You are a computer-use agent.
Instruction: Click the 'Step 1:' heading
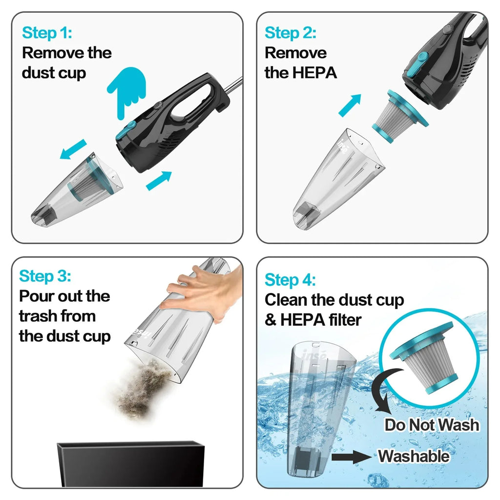point(47,33)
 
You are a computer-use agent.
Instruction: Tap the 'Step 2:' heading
point(290,33)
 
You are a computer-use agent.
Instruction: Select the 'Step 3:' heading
point(45,276)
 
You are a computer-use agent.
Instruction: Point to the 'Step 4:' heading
point(290,280)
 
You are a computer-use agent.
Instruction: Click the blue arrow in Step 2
point(350,105)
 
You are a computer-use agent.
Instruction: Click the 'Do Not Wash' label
point(432,424)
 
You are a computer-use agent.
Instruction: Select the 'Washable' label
point(414,457)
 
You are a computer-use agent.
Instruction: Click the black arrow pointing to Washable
point(351,457)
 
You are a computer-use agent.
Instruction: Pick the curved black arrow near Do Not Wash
point(386,391)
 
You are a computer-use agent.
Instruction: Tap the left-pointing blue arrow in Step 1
point(73,149)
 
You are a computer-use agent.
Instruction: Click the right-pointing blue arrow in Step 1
point(159,181)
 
